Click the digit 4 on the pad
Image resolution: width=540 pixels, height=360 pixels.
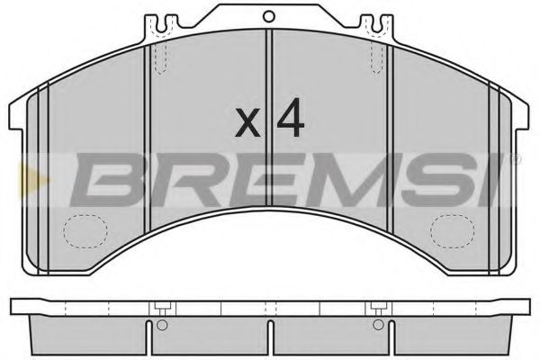click(288, 118)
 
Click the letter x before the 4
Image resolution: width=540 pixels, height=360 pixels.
click(247, 123)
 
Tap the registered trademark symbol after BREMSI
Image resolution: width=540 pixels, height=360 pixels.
click(514, 159)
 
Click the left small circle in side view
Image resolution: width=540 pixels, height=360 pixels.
click(160, 325)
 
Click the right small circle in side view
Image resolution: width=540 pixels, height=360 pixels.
click(378, 325)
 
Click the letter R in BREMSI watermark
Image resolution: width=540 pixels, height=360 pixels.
click(175, 179)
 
